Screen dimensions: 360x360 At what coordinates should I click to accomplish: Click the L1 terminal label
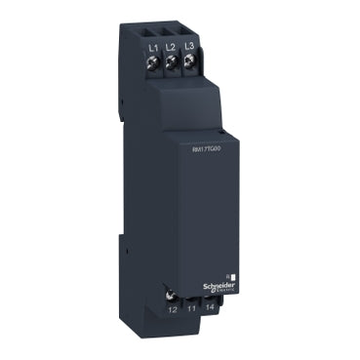[x=152, y=46]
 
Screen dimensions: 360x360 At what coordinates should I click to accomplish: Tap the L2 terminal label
[x=169, y=46]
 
